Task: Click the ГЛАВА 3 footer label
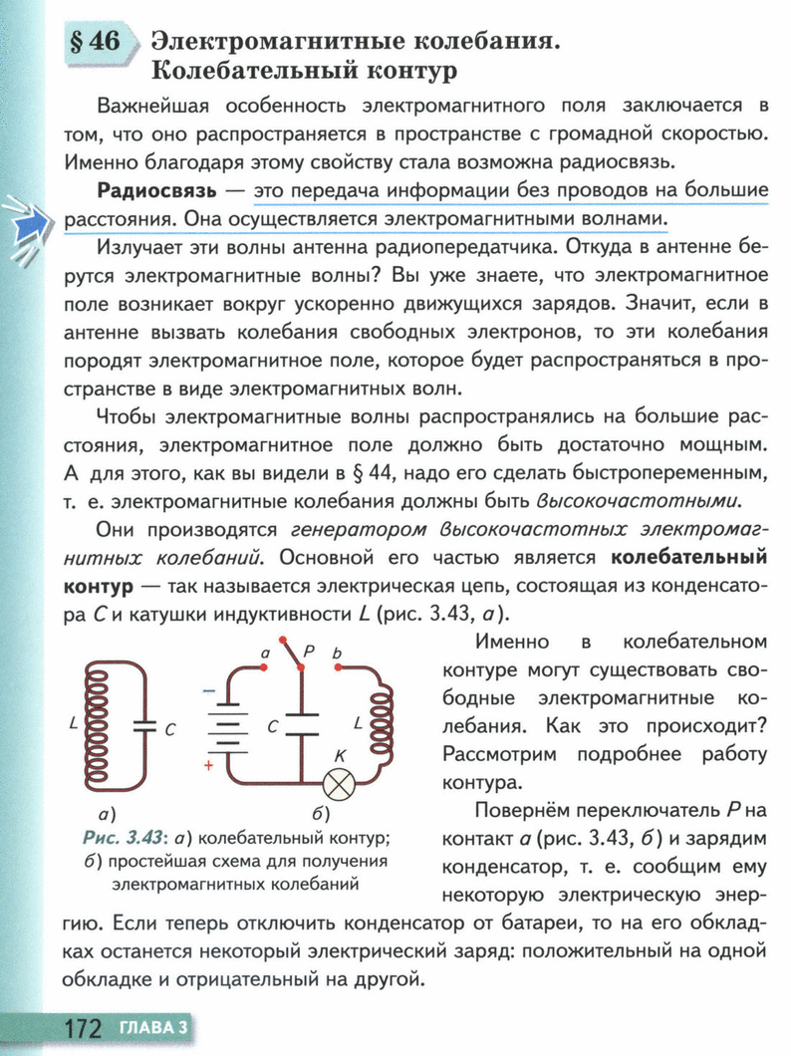pyautogui.click(x=153, y=1026)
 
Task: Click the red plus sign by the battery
pyautogui.click(x=209, y=765)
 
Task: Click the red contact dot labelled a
pyautogui.click(x=264, y=670)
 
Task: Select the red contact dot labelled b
pyautogui.click(x=339, y=669)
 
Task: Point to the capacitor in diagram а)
pyautogui.click(x=146, y=727)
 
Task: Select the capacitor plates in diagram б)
pyautogui.click(x=300, y=727)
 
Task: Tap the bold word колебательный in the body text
pyautogui.click(x=687, y=557)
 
